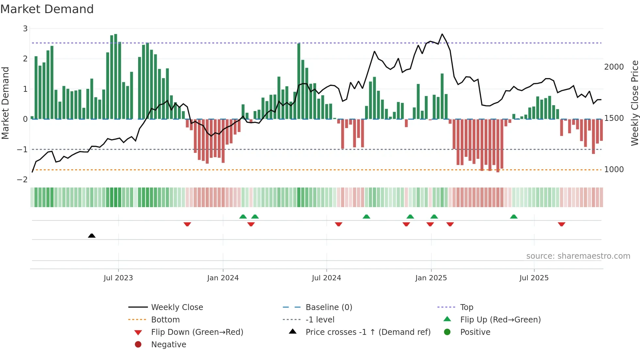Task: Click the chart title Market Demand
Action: pos(47,9)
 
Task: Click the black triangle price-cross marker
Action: pos(92,236)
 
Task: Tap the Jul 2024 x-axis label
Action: pos(326,278)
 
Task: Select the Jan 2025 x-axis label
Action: pos(431,278)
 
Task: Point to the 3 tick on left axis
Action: pos(25,29)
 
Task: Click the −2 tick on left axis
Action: pos(23,180)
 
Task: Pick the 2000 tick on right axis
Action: pos(614,67)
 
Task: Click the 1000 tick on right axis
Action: pos(614,170)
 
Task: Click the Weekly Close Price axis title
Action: pos(634,103)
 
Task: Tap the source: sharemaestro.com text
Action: pos(578,256)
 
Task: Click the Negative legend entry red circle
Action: pos(138,345)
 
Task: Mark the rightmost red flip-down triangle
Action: pos(561,224)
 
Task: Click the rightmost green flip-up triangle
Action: pos(514,217)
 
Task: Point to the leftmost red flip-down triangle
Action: pos(187,224)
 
